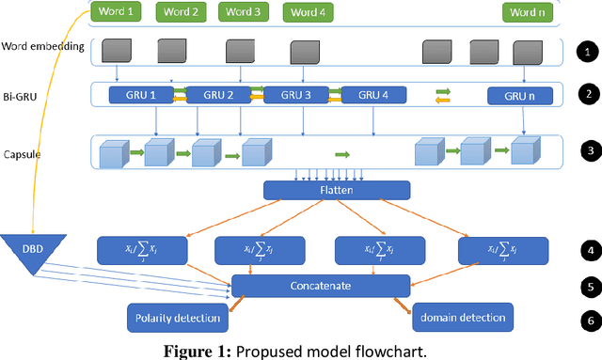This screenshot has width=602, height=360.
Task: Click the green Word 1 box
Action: [x=118, y=12]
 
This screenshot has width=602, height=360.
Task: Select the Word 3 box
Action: [x=244, y=12]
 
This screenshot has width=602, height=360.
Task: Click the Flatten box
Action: [x=336, y=190]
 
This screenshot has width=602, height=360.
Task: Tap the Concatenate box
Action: [x=321, y=286]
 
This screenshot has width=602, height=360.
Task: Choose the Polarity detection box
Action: [x=177, y=318]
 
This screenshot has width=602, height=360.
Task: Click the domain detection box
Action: [x=463, y=318]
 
